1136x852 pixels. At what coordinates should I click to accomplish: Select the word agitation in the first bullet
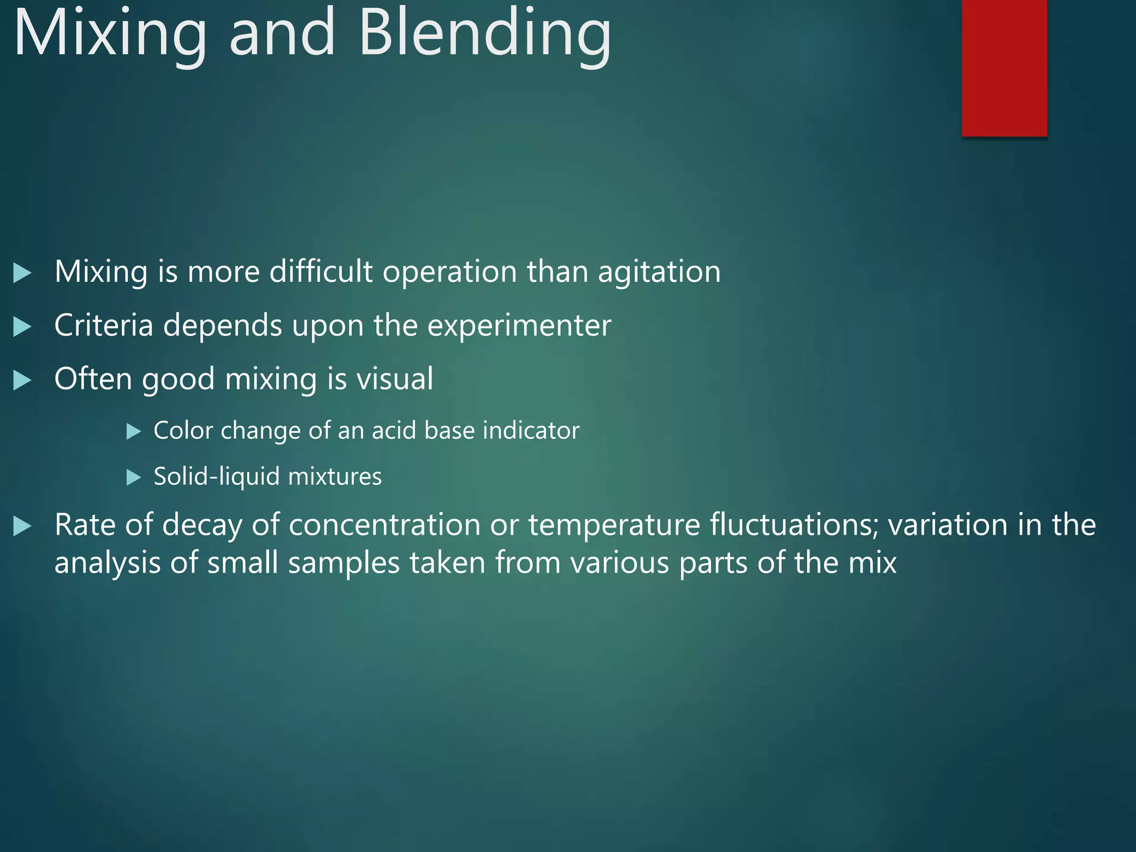point(659,272)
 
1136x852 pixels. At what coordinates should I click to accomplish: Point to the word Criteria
point(104,325)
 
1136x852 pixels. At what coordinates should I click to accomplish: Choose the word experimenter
point(519,326)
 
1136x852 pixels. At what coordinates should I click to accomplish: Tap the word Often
point(93,379)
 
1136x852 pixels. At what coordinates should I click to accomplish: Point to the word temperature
point(614,525)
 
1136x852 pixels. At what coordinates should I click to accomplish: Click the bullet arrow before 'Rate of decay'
point(22,526)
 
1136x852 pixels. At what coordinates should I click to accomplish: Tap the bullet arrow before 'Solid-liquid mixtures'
point(134,477)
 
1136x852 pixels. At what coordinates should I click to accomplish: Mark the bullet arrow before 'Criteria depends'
point(22,326)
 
